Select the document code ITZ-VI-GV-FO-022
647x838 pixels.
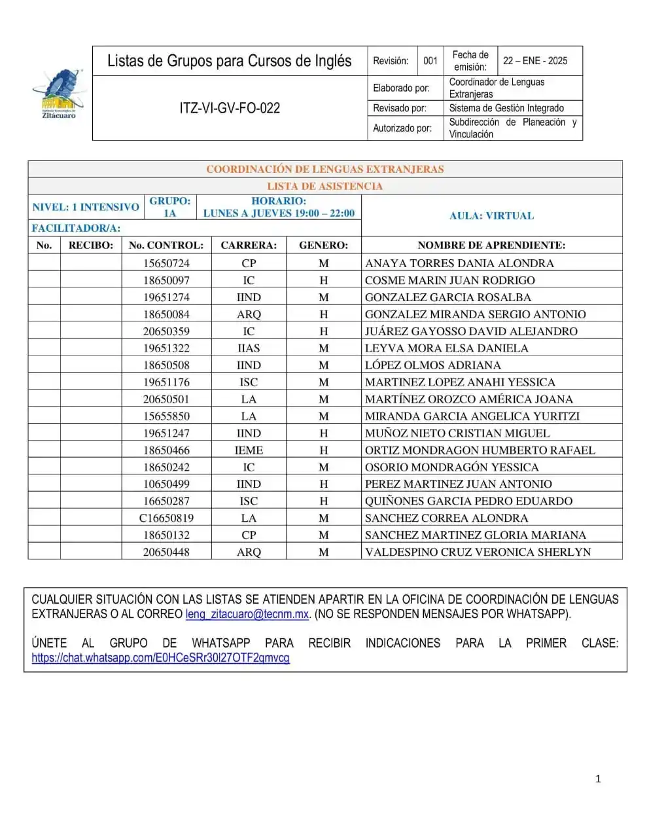[230, 108]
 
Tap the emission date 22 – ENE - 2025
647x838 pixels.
[534, 61]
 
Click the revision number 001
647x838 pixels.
[430, 61]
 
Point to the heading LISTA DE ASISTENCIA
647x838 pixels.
[324, 186]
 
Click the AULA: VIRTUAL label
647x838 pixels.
[491, 215]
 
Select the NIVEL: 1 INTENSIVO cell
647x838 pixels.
[86, 207]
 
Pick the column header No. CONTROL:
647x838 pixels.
[166, 246]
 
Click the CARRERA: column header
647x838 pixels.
[249, 246]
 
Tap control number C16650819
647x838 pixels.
[166, 518]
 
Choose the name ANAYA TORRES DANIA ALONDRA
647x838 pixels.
[459, 263]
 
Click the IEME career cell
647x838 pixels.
[249, 450]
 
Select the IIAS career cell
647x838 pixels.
[249, 348]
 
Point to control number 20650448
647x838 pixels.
[166, 552]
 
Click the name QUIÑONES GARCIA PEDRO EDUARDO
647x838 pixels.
[468, 501]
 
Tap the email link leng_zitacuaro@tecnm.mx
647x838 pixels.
[247, 614]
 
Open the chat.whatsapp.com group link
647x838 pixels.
[160, 658]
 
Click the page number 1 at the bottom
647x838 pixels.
[598, 778]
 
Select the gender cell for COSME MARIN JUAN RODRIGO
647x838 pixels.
[323, 280]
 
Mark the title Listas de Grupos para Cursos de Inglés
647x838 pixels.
[229, 61]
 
